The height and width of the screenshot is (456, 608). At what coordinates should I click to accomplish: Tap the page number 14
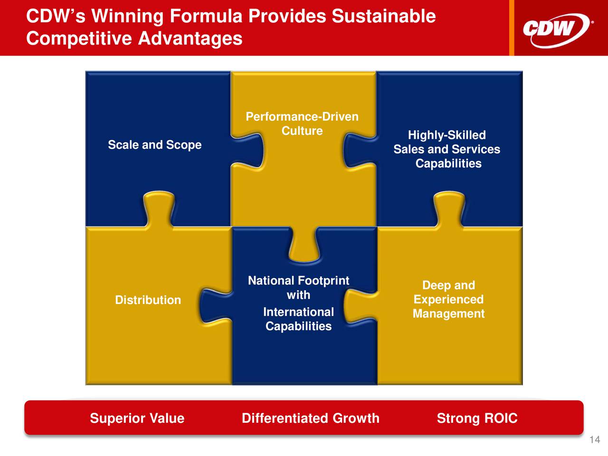click(x=595, y=440)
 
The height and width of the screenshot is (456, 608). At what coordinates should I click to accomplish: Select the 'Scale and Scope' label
click(x=154, y=145)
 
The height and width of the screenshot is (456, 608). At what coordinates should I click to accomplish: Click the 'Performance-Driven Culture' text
click(x=302, y=123)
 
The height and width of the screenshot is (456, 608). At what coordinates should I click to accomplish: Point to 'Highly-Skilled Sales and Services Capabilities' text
click(x=447, y=149)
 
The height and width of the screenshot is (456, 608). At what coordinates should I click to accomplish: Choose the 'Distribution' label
click(x=148, y=300)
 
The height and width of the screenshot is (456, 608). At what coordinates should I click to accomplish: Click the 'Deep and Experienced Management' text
click(x=449, y=299)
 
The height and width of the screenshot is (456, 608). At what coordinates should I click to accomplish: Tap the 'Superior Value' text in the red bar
click(x=137, y=418)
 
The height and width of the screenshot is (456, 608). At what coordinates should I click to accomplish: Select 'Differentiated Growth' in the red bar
click(x=311, y=418)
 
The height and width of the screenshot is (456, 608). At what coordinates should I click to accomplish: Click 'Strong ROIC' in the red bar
click(x=477, y=418)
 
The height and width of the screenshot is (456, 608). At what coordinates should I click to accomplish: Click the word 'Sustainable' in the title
click(x=384, y=16)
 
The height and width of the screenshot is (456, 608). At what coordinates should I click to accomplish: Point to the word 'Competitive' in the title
click(x=79, y=39)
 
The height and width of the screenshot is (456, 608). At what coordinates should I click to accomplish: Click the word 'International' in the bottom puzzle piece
click(x=298, y=312)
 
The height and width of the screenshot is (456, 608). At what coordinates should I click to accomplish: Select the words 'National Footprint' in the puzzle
click(x=298, y=281)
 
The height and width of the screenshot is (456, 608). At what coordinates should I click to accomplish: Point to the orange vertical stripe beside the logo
click(x=512, y=28)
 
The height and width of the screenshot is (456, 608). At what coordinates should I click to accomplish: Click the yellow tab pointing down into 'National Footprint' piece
click(x=304, y=244)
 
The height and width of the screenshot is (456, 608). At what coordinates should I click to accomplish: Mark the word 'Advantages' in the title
click(x=190, y=38)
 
